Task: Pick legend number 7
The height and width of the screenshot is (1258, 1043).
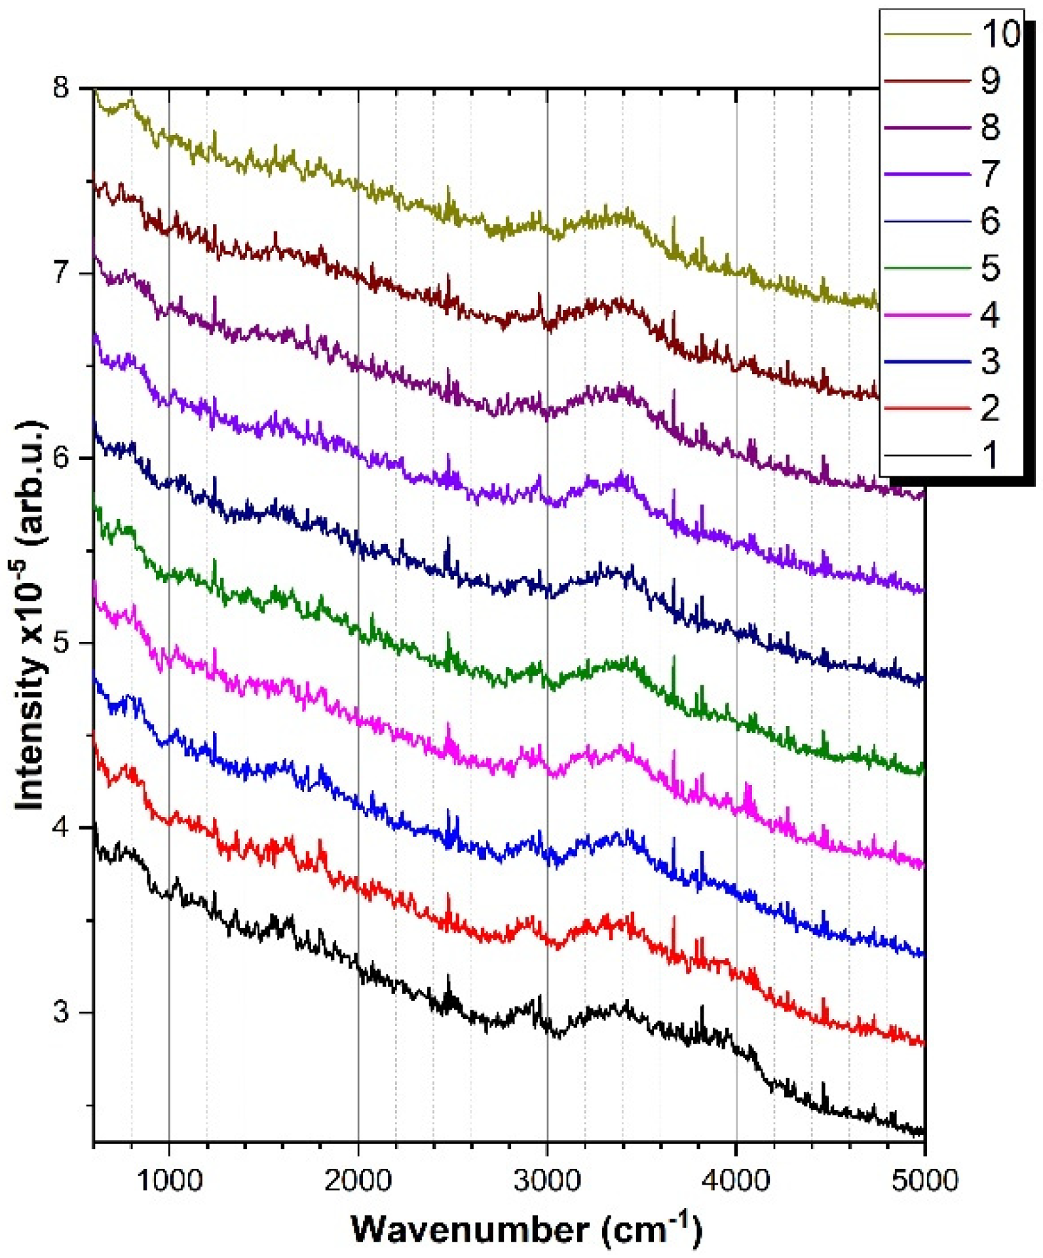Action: click(990, 174)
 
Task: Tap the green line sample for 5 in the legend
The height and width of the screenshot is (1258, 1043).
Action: click(926, 268)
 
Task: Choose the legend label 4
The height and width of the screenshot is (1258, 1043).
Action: click(990, 315)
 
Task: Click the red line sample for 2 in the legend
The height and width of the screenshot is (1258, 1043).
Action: click(926, 409)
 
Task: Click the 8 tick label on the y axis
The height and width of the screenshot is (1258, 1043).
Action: click(61, 87)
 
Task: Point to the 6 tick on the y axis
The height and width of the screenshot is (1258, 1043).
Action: click(61, 457)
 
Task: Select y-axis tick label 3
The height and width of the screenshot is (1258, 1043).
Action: click(61, 1012)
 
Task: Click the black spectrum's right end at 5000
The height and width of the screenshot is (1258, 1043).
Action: click(922, 1132)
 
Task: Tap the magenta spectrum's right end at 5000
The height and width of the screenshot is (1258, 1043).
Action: click(922, 865)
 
